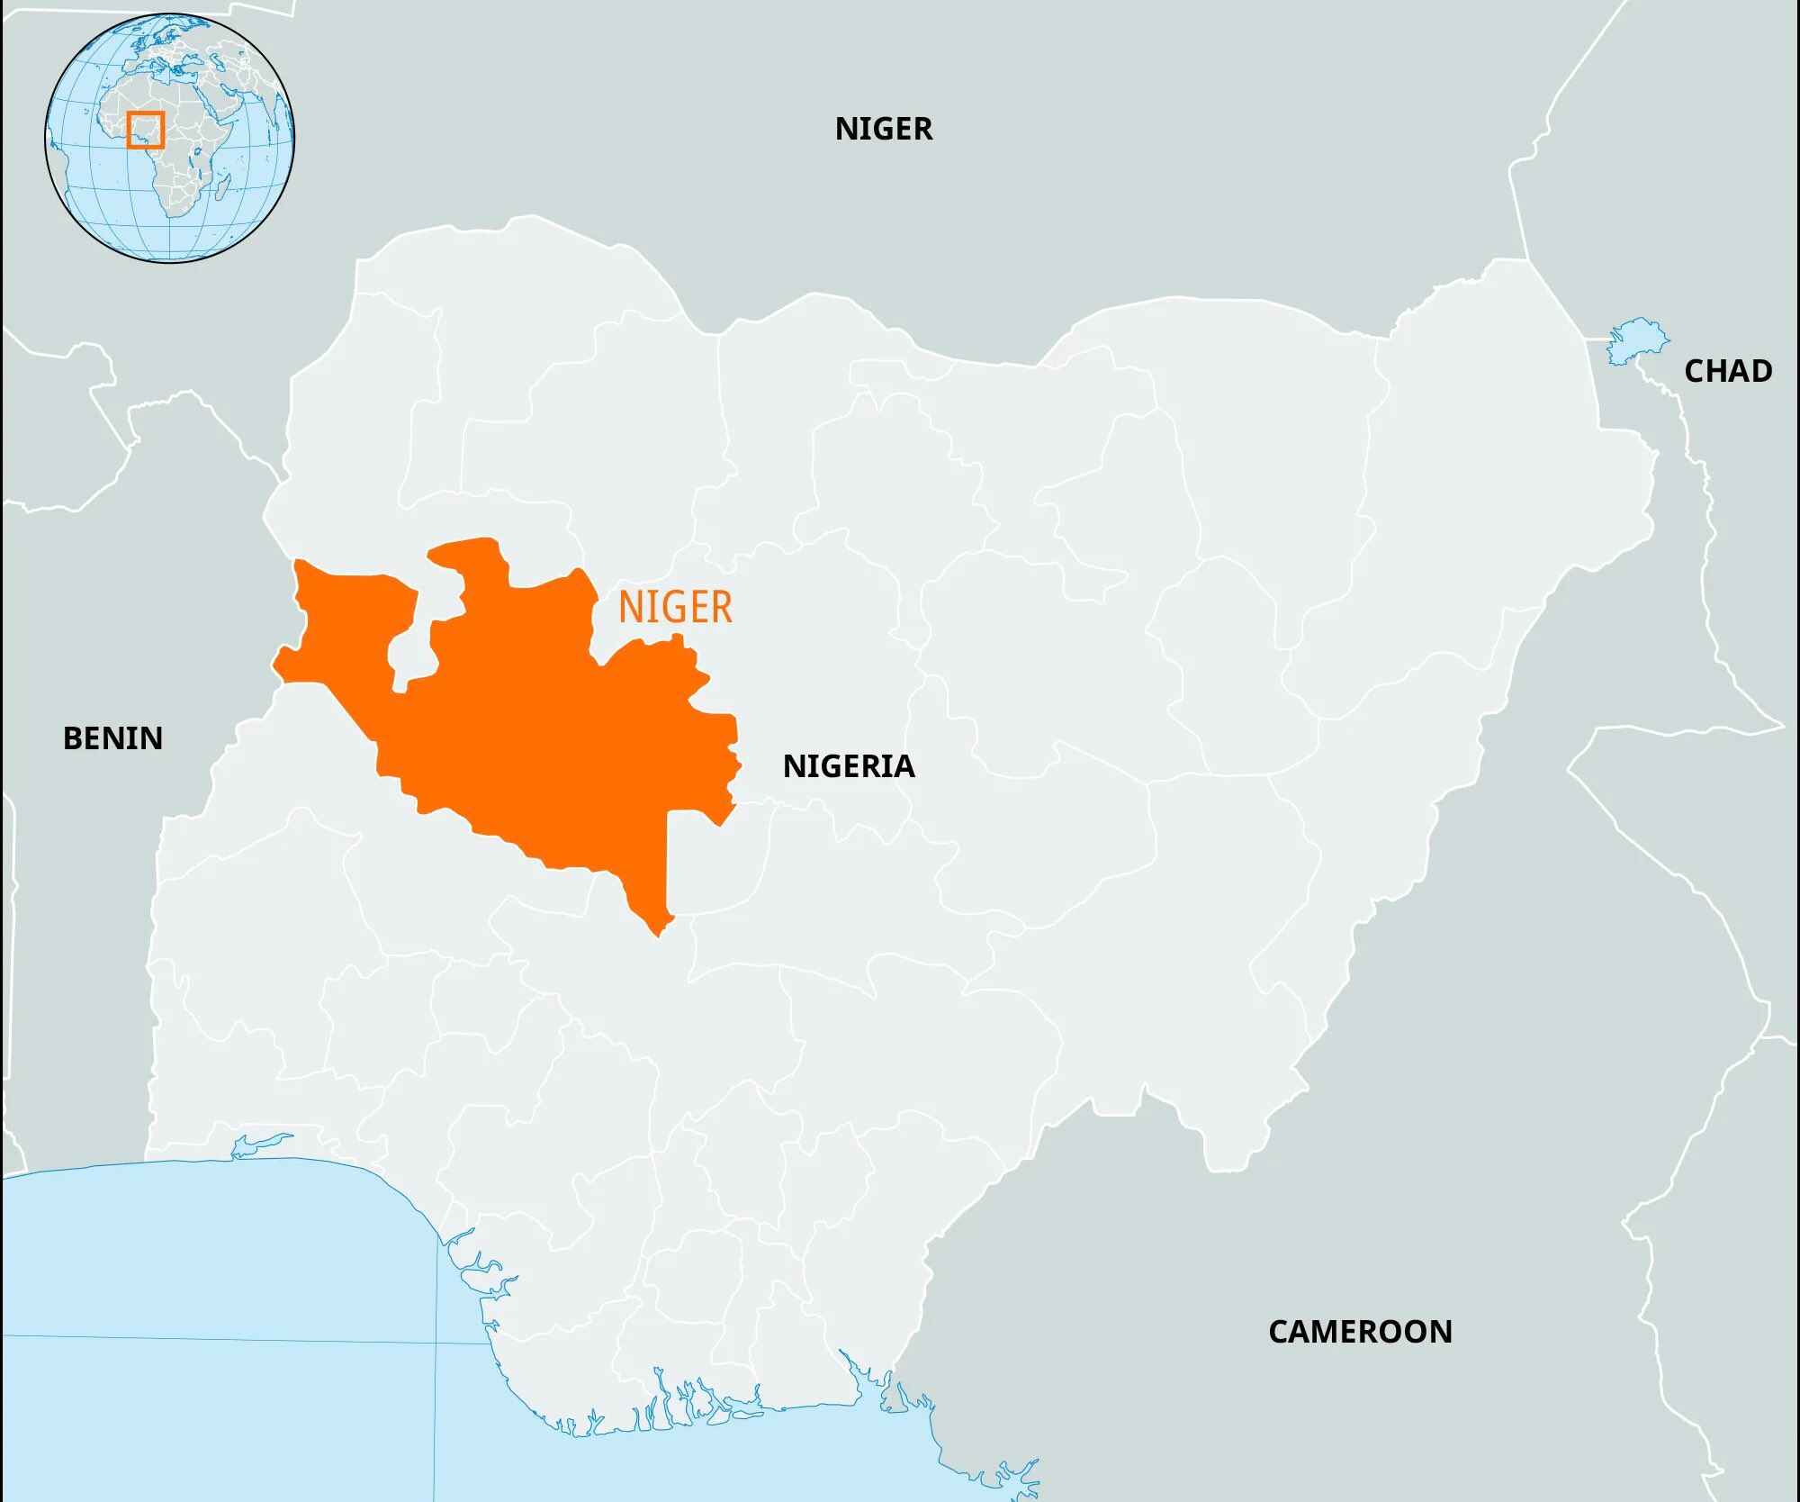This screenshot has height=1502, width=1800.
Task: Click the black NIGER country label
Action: click(883, 129)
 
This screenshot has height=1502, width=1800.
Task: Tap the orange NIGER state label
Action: click(675, 608)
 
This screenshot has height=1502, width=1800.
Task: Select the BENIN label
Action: click(112, 738)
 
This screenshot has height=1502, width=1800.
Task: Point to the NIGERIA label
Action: click(849, 766)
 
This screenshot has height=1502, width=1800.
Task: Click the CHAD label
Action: click(1728, 371)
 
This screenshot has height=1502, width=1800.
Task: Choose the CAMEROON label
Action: click(1360, 1332)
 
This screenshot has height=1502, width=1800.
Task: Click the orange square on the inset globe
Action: click(145, 130)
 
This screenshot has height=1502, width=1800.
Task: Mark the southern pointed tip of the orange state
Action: click(660, 933)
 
